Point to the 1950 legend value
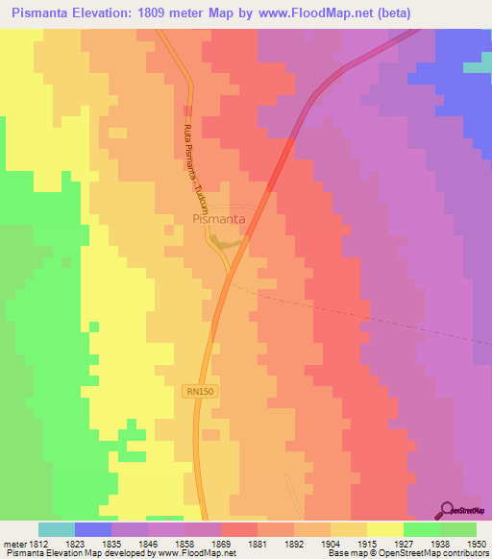(477, 545)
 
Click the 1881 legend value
(258, 545)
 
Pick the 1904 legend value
(330, 545)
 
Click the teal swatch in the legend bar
(57, 529)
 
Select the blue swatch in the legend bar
(93, 529)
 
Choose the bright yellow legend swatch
(384, 529)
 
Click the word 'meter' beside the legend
(14, 545)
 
